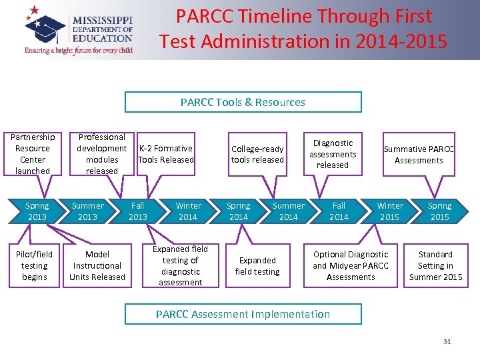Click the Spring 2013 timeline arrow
[x=37, y=211]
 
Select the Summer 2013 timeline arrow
[x=87, y=211]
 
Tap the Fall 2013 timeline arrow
[x=138, y=211]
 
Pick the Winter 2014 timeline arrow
[x=188, y=211]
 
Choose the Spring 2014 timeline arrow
[x=238, y=211]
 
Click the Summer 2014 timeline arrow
[x=289, y=211]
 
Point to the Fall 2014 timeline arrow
[x=339, y=211]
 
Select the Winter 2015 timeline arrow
[x=389, y=211]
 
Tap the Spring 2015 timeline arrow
[x=439, y=211]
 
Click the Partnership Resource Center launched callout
[x=32, y=154]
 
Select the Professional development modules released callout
[x=101, y=154]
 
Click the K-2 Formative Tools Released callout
[x=166, y=154]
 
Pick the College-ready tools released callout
[x=257, y=154]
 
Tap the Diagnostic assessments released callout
[x=332, y=154]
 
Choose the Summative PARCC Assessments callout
[x=418, y=155]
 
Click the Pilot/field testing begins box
[x=34, y=265]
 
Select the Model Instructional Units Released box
[x=97, y=265]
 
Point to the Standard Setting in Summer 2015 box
[x=435, y=265]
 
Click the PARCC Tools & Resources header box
[x=243, y=102]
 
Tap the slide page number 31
[x=447, y=342]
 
